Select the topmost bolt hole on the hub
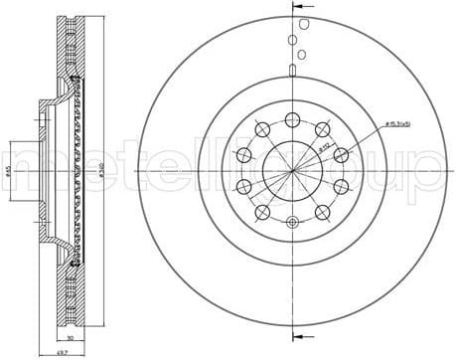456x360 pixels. click(x=291, y=119)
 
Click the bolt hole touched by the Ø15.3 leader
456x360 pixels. click(x=341, y=153)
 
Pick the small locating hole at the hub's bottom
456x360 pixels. click(x=291, y=226)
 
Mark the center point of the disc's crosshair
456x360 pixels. click(x=291, y=171)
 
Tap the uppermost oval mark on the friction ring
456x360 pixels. click(x=292, y=40)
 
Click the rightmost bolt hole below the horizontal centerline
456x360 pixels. click(x=341, y=187)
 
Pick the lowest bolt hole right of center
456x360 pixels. click(x=322, y=212)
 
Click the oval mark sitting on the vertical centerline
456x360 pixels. click(x=291, y=55)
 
